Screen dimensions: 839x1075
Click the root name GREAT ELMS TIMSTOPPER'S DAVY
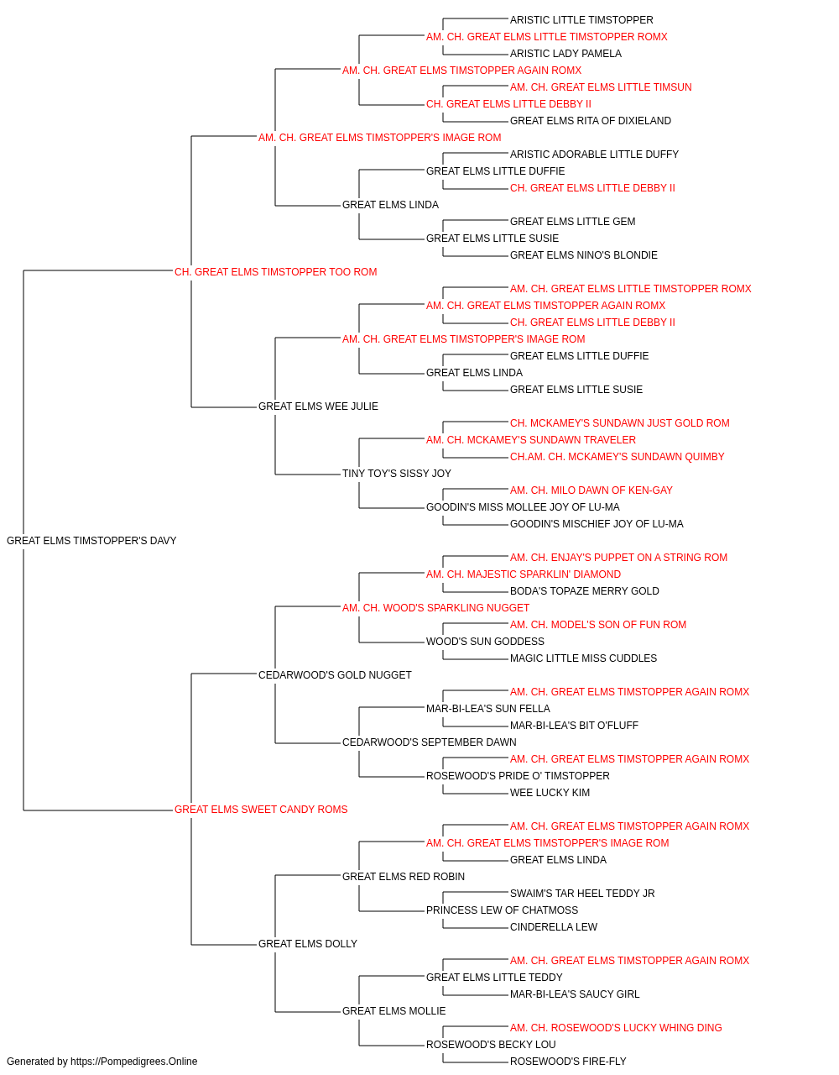(x=91, y=541)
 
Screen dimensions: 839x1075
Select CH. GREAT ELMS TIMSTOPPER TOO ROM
(x=276, y=272)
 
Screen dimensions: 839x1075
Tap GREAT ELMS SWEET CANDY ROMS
(x=261, y=810)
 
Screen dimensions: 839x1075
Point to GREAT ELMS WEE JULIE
(x=318, y=406)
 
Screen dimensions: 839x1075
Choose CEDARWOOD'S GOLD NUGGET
(x=335, y=674)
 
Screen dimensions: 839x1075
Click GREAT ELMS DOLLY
(x=308, y=943)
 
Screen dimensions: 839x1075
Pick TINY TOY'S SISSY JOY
(x=397, y=474)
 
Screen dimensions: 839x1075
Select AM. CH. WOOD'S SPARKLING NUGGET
(x=435, y=607)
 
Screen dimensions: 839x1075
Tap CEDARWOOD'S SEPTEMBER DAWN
(x=430, y=742)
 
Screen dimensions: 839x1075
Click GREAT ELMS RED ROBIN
(x=404, y=876)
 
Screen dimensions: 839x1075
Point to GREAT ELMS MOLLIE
(x=394, y=1010)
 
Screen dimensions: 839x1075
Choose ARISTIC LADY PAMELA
(x=565, y=54)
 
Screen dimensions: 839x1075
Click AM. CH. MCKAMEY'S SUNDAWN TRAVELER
(x=531, y=440)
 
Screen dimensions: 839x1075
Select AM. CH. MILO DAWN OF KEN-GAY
(x=591, y=490)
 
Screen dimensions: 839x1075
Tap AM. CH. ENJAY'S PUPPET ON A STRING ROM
(x=618, y=558)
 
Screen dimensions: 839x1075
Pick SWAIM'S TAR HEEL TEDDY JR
(x=582, y=893)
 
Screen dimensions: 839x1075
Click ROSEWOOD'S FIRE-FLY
(x=568, y=1062)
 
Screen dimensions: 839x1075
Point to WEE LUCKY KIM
(x=550, y=793)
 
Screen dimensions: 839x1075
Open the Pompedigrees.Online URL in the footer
(x=134, y=1062)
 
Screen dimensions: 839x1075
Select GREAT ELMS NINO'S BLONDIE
(x=584, y=255)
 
